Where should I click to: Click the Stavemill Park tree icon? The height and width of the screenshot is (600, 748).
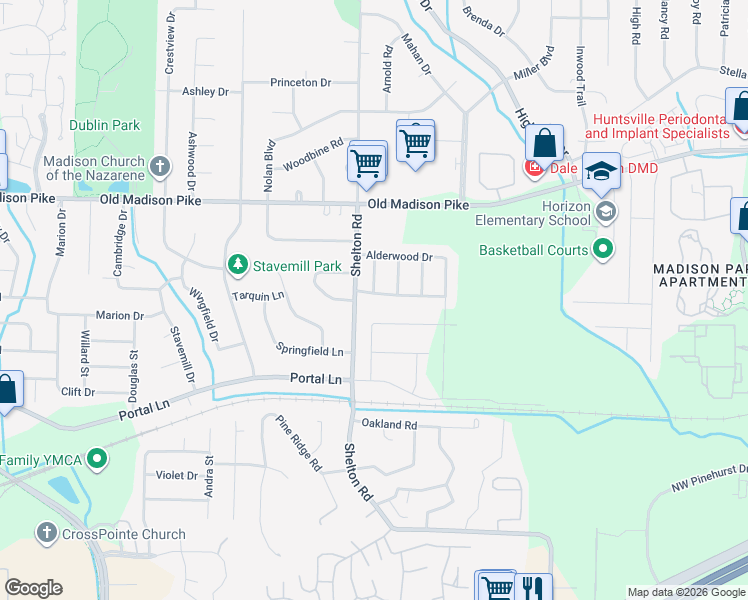[237, 265]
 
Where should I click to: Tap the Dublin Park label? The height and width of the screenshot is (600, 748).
[105, 126]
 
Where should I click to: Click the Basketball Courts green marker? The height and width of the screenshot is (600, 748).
[603, 249]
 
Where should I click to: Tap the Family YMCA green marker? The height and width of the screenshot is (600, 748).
[96, 460]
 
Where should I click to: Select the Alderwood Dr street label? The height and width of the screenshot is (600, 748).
[399, 257]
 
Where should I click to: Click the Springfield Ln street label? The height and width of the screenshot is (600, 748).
[310, 351]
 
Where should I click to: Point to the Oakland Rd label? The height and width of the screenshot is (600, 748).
[389, 425]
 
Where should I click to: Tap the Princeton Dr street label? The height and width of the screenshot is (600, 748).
[300, 83]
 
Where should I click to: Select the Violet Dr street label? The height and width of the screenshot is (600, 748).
[177, 476]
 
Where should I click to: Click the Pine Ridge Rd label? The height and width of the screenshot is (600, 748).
[299, 442]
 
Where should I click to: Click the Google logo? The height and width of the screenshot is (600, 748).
[33, 588]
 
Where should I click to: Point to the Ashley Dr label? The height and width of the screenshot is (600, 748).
[205, 92]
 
